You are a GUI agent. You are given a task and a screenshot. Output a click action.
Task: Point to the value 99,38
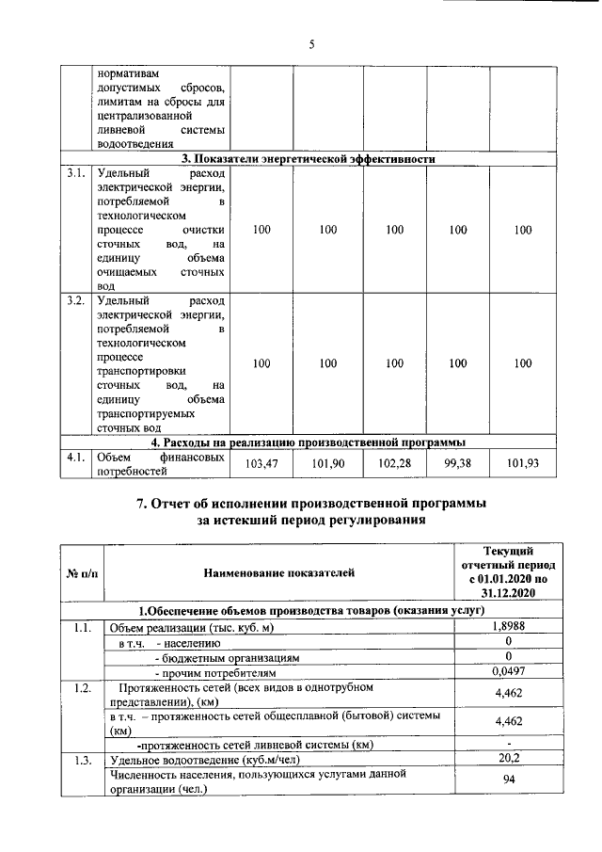(457, 464)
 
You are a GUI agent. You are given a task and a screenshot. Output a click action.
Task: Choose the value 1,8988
(509, 627)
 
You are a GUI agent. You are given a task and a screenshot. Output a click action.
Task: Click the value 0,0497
(509, 672)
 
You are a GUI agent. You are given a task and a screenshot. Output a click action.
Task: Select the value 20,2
(509, 756)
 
